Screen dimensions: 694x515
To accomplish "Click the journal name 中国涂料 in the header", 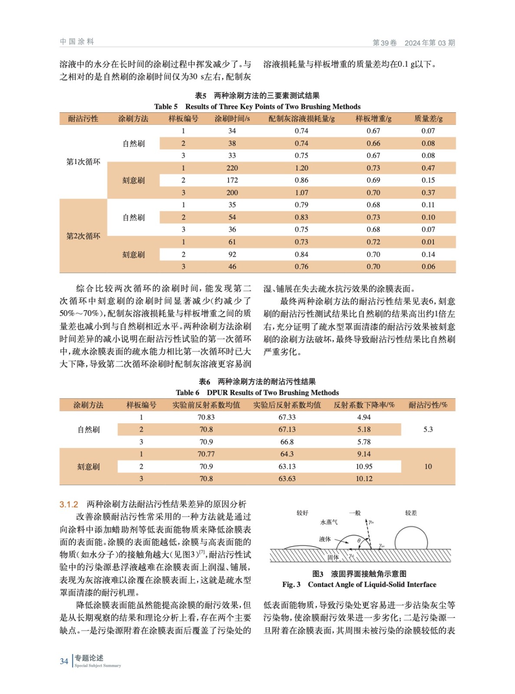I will click(x=77, y=42).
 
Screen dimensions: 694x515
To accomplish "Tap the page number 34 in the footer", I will click(x=64, y=661).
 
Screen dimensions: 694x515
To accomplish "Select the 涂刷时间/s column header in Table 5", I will click(x=232, y=118).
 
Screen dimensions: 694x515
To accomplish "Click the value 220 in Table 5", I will click(x=232, y=168).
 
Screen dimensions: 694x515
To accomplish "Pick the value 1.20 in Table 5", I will click(x=302, y=168).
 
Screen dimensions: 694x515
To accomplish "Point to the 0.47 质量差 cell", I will click(x=428, y=168).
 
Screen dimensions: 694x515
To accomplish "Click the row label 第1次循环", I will click(x=83, y=162).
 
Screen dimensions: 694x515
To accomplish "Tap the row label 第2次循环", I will click(x=83, y=236).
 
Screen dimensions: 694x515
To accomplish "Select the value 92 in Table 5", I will click(x=232, y=254).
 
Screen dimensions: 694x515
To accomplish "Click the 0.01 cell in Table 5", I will click(x=428, y=242).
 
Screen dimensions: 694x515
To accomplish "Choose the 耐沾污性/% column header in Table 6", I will click(x=428, y=405).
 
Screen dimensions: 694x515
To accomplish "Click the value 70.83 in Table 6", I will click(x=206, y=417).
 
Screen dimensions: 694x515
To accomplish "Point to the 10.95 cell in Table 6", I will click(x=364, y=466).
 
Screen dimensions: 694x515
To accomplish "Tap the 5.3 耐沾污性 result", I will click(x=428, y=429).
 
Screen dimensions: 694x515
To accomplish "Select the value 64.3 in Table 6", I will click(x=287, y=454).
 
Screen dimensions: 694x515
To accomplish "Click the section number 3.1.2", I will click(x=69, y=504).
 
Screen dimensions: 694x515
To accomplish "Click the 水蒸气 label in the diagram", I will click(x=329, y=522).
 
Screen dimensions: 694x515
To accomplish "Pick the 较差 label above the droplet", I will click(x=411, y=513).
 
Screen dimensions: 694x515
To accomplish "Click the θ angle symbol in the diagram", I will click(x=359, y=540).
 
